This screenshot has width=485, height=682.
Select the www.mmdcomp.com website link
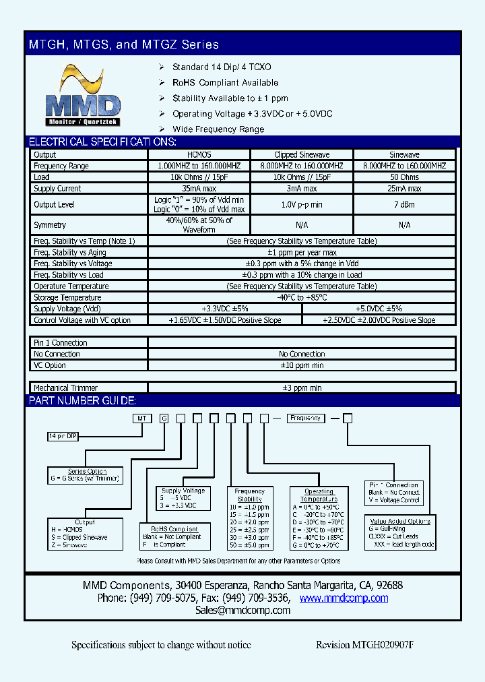coord(344,598)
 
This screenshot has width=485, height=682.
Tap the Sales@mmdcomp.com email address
coord(243,610)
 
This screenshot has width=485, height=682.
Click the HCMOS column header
coord(199,154)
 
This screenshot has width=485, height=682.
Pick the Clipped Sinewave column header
coord(301,154)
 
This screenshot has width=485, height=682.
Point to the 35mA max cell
coord(199,189)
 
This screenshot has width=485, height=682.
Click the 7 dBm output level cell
coord(404,204)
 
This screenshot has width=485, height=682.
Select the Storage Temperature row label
coord(67,297)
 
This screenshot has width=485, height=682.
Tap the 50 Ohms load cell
coord(404,177)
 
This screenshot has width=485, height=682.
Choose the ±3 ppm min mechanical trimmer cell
coord(301,387)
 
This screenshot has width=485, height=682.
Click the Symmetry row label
coord(51,224)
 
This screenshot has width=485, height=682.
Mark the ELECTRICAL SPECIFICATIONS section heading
coord(102,142)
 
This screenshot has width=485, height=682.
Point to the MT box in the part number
coord(142,418)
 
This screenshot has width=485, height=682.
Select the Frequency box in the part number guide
coord(306,418)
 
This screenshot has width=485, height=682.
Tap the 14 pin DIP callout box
coord(63,436)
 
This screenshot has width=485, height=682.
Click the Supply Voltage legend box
coord(184,498)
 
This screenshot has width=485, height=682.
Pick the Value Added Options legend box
coord(401,532)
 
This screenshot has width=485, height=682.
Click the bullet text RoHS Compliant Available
coord(225,82)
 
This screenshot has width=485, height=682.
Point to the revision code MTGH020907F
coord(364,645)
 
